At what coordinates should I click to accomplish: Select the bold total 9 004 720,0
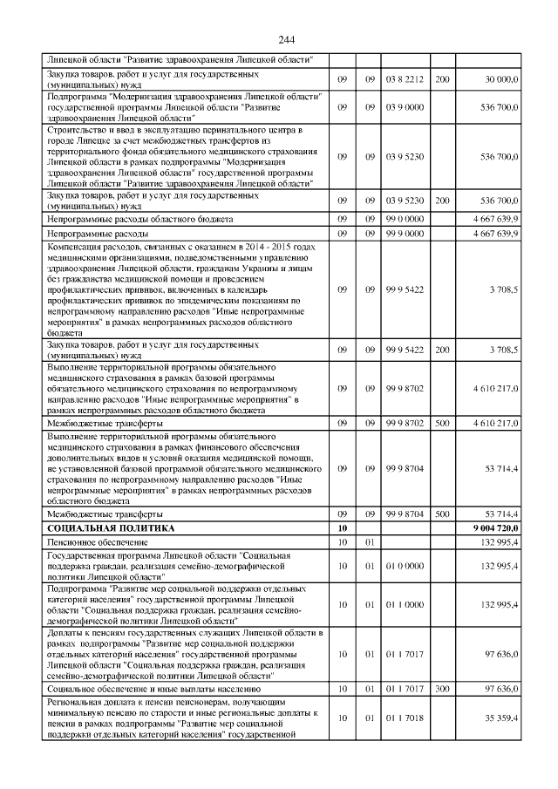click(x=495, y=528)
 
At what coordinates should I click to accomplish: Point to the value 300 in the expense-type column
click(x=442, y=689)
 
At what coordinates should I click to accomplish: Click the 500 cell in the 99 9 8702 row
click(x=442, y=423)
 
